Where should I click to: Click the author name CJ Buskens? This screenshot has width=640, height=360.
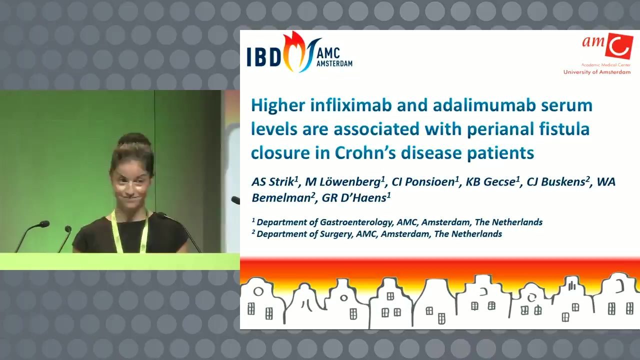558,182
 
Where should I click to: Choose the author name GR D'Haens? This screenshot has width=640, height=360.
356,197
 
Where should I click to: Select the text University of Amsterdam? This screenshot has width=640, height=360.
597,72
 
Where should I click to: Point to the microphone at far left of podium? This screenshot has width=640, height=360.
31,235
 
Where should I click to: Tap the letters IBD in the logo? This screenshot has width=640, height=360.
264,57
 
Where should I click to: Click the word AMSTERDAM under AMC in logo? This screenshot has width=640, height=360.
334,63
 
